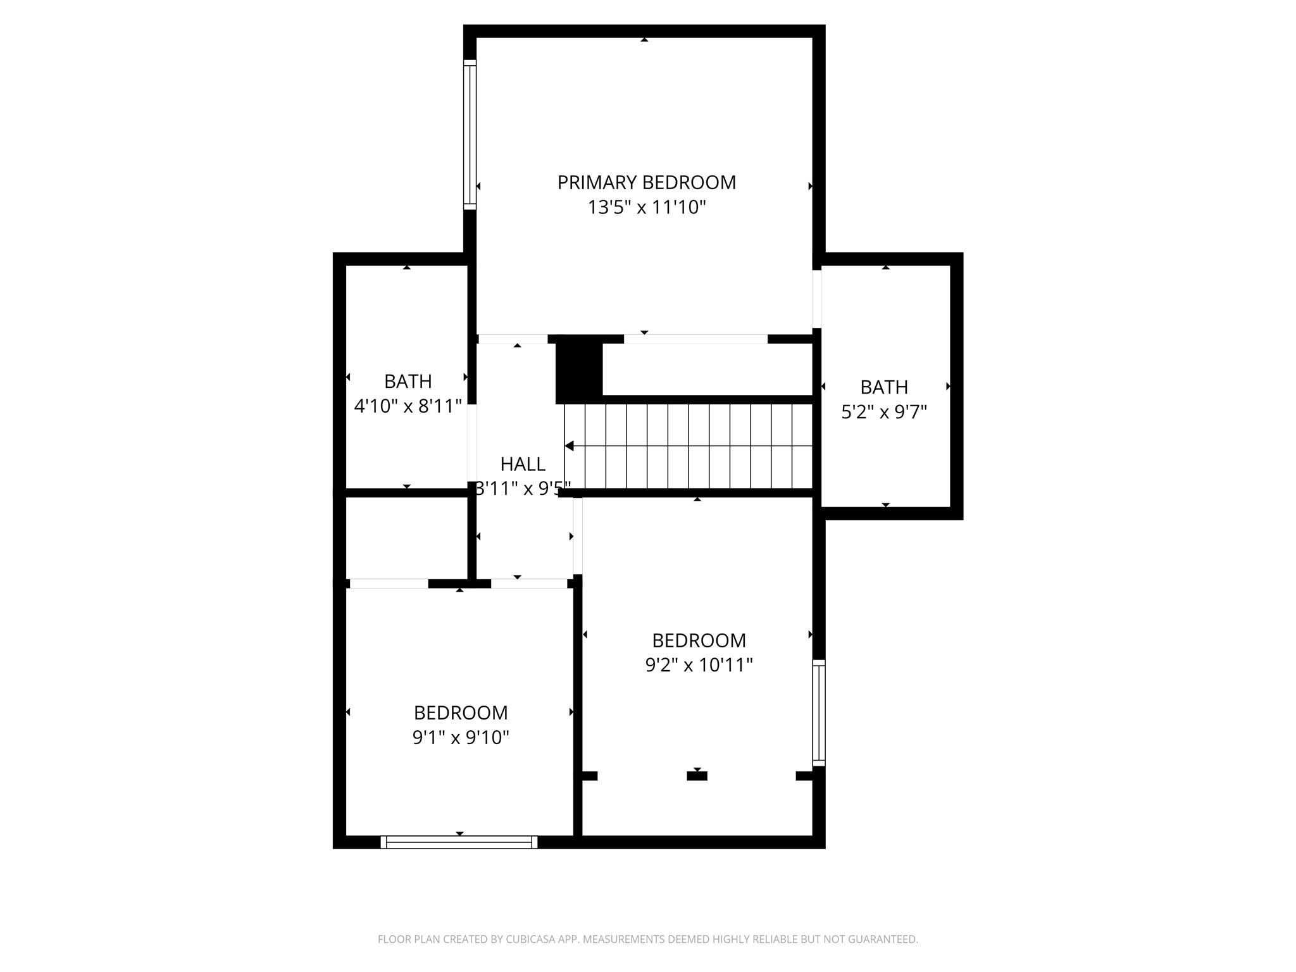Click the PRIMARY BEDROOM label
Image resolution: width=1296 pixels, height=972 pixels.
coord(646,183)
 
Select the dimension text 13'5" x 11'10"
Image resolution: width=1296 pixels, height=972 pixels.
coord(646,208)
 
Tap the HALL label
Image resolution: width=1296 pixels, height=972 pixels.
coord(523,464)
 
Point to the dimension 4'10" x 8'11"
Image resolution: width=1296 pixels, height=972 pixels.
coord(408,406)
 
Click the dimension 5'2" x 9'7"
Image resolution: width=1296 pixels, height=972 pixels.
coord(883,413)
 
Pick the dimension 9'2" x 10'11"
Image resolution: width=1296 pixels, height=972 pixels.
coord(699,665)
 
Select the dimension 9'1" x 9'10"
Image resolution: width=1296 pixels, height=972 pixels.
coord(461,738)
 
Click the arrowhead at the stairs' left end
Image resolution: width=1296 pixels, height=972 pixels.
coord(569,446)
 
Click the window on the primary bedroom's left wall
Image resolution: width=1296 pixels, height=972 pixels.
coord(470,135)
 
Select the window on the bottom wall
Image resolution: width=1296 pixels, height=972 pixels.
coord(459,842)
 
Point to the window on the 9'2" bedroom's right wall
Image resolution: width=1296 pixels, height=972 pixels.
coord(819,713)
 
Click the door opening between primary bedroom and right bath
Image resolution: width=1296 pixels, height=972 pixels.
coord(817,299)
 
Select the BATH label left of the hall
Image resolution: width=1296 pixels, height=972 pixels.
coord(408,382)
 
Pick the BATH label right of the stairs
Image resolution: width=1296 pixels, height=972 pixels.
coord(883,387)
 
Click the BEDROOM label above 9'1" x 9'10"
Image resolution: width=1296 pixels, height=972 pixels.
coord(461,713)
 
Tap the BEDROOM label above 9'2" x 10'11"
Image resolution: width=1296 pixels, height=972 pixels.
coord(699,640)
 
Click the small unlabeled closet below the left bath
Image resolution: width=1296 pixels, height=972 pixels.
coord(406,537)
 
